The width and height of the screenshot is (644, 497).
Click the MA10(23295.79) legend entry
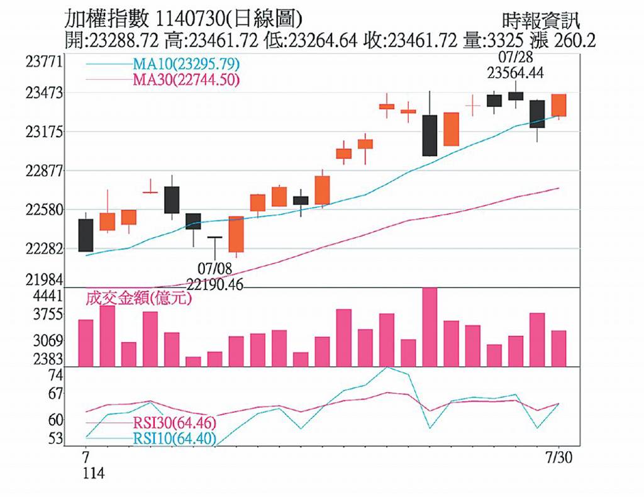(x=186, y=65)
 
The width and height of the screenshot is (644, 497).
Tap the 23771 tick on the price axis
(x=44, y=62)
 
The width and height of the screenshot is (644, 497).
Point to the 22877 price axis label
(x=44, y=170)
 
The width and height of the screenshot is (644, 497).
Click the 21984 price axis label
(x=44, y=279)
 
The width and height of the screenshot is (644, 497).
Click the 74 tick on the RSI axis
(x=55, y=376)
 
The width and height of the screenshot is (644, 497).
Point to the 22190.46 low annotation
(x=215, y=284)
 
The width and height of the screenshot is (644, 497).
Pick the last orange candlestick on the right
(x=558, y=105)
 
